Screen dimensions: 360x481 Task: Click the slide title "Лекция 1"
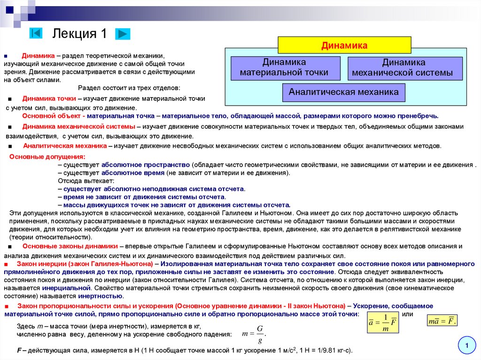coord(80,34)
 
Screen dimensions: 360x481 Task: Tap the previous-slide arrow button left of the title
coord(36,33)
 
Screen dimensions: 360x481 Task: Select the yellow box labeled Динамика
coord(344,45)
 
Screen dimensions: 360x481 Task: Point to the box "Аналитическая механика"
coord(343,92)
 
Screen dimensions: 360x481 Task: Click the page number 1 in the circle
coord(467,346)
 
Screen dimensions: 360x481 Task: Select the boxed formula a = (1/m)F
coord(383,322)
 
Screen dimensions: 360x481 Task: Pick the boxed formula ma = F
coord(442,322)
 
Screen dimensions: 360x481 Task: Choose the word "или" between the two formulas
coord(408,314)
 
